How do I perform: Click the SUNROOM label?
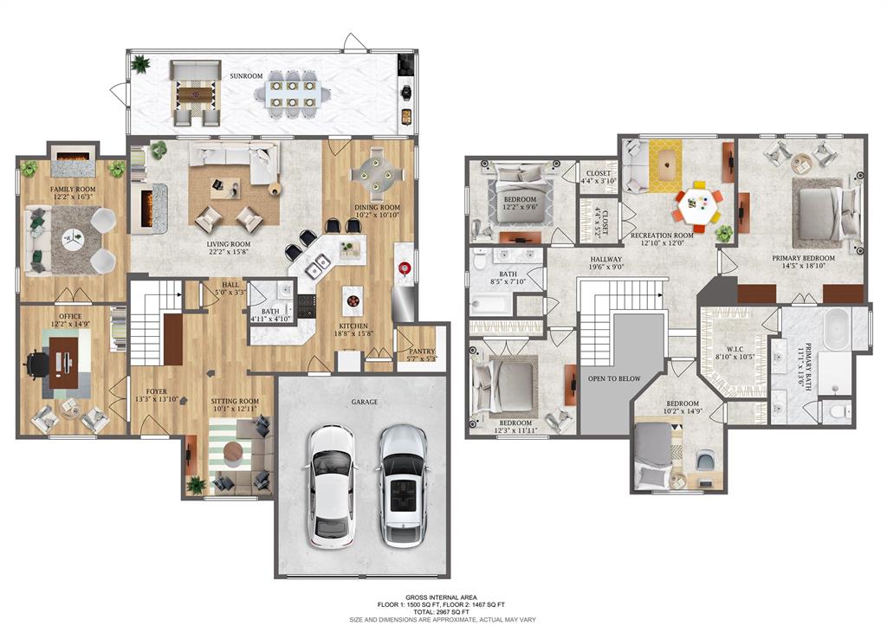(x=246, y=76)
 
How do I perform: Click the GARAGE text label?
(x=364, y=402)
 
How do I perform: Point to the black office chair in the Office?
(x=37, y=361)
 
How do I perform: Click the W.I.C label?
(x=735, y=351)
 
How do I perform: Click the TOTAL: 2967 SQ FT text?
(x=443, y=611)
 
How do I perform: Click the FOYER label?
(x=157, y=391)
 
